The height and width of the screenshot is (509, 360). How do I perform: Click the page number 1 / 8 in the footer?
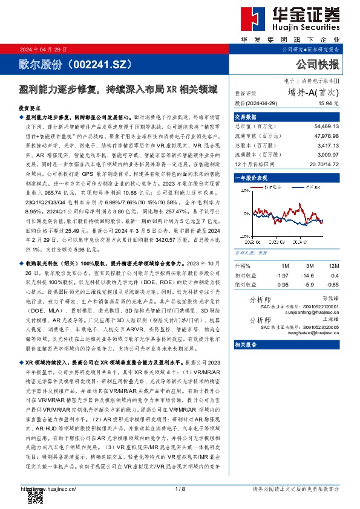(x=179, y=488)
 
